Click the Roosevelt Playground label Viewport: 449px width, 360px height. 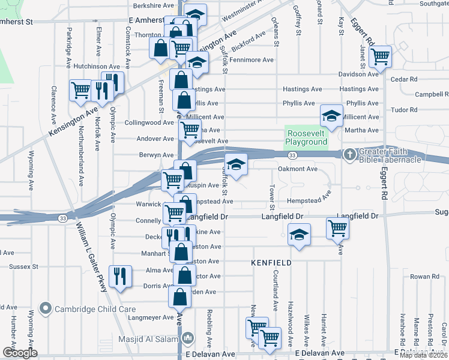click(x=306, y=137)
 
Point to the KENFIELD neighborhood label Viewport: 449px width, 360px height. click(x=271, y=263)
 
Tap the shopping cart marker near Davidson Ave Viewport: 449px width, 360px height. click(x=380, y=57)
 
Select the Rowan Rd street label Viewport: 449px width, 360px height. click(x=421, y=277)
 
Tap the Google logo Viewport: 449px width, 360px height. click(x=20, y=353)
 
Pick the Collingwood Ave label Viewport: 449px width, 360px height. click(x=149, y=122)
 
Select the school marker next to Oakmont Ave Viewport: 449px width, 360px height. click(x=236, y=164)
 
